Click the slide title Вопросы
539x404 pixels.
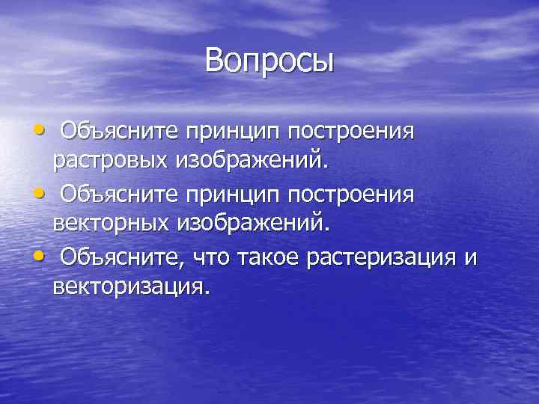pos(269,61)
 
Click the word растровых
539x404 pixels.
pos(110,159)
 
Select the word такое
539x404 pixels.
pos(267,258)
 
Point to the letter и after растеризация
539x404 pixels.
pos(470,259)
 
